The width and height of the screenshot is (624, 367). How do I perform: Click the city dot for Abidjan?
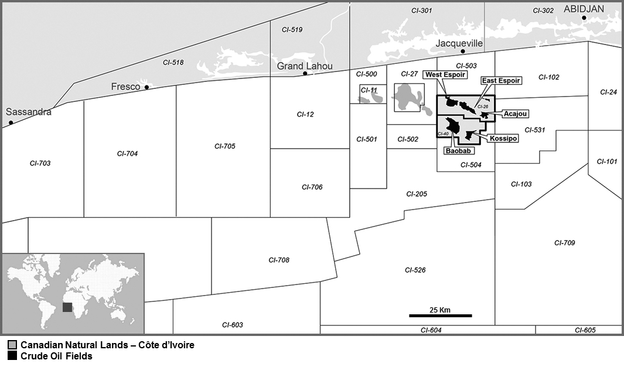584,18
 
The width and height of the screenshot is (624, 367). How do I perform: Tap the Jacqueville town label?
459,43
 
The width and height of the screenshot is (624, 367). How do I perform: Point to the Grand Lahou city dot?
305,74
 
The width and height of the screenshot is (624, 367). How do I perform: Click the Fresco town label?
125,87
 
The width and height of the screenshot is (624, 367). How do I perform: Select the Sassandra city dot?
11,123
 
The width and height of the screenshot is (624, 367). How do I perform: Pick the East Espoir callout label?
500,80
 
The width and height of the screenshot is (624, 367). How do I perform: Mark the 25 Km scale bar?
440,315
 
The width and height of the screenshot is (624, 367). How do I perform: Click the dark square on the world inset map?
68,307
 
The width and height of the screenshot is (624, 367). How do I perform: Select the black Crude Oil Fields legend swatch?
12,355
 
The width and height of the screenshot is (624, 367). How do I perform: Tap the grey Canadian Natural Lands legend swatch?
12,345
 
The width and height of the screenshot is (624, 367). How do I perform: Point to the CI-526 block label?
415,270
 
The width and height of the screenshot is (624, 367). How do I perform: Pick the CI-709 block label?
564,242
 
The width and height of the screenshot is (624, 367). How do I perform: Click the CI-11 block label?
369,90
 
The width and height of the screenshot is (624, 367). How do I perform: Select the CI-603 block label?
232,325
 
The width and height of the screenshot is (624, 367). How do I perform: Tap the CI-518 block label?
173,62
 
